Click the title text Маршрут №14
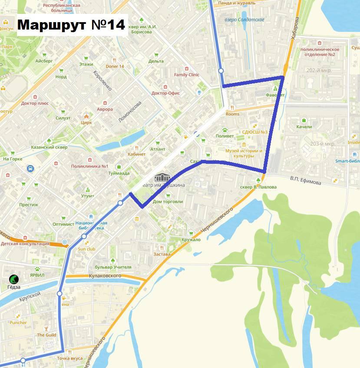click(x=72, y=24)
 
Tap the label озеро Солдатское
click(x=244, y=20)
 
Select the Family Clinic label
click(x=187, y=75)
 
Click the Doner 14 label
click(x=115, y=66)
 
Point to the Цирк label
click(x=86, y=123)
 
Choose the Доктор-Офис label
click(x=165, y=93)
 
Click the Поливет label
click(x=225, y=136)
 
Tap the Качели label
click(x=304, y=127)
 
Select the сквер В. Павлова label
click(x=258, y=187)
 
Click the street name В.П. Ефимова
click(x=305, y=180)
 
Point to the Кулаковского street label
click(x=104, y=275)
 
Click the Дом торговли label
click(x=168, y=202)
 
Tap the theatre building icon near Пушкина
click(x=162, y=177)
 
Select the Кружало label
click(x=191, y=239)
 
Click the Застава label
click(x=162, y=254)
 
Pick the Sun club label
click(x=86, y=249)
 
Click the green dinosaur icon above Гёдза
click(x=14, y=279)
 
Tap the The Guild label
click(x=46, y=335)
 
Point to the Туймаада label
click(x=119, y=173)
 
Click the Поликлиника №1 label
click(x=89, y=166)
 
